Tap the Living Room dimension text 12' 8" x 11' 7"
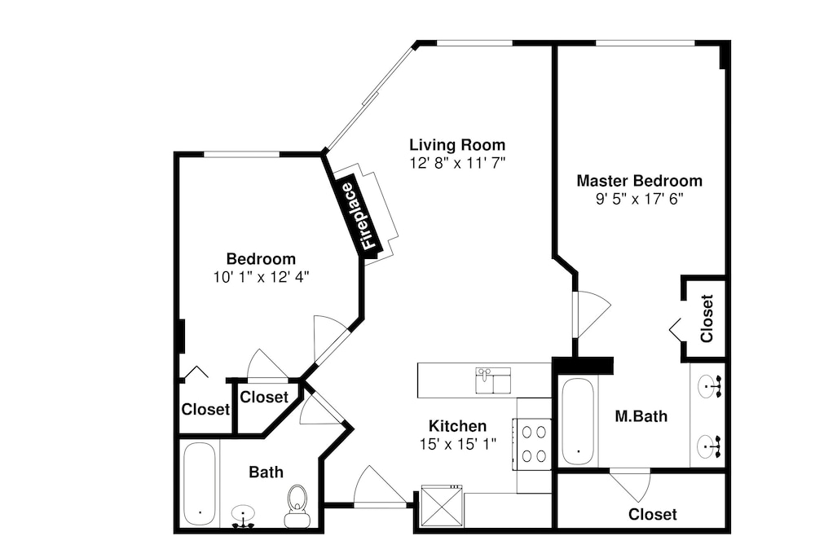pyautogui.click(x=457, y=163)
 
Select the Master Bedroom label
pyautogui.click(x=639, y=181)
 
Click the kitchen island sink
pyautogui.click(x=493, y=380)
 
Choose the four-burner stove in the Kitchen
pyautogui.click(x=533, y=444)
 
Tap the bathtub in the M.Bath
pyautogui.click(x=578, y=422)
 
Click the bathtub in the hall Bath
pyautogui.click(x=200, y=484)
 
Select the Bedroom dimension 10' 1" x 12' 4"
pyautogui.click(x=261, y=277)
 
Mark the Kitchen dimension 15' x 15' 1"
pyautogui.click(x=458, y=444)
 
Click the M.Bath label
pyautogui.click(x=641, y=416)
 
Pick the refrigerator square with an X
pyautogui.click(x=441, y=506)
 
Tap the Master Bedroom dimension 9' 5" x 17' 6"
pyautogui.click(x=639, y=199)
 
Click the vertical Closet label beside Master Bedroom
pyautogui.click(x=707, y=319)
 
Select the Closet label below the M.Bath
pyautogui.click(x=652, y=514)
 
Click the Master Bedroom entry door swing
pyautogui.click(x=593, y=314)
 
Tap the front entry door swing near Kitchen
pyautogui.click(x=380, y=486)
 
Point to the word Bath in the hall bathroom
pyautogui.click(x=267, y=472)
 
